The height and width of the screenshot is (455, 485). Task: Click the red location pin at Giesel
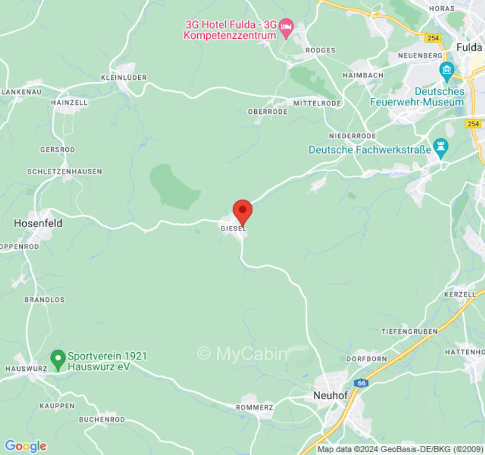pos(243,212)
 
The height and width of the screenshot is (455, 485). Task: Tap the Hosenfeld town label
pos(38,224)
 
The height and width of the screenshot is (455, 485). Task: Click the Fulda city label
pos(469,47)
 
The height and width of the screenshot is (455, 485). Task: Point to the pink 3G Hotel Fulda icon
pos(287,27)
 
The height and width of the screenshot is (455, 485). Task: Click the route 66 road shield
pos(362,383)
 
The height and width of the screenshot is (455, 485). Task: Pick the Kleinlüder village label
pos(123,77)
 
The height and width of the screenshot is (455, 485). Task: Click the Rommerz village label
pos(255,408)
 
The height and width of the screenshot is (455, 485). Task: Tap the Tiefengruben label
pos(409,331)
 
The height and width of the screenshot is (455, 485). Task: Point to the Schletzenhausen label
pos(64,171)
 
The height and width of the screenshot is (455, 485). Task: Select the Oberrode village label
pos(267,112)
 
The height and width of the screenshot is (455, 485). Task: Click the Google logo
pos(25,446)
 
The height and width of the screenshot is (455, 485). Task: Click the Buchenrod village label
pos(102,420)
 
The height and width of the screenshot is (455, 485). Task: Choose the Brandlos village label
pos(44,300)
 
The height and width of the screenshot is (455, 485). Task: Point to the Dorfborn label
pos(367,359)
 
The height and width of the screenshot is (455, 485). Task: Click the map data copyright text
pos(400,449)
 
